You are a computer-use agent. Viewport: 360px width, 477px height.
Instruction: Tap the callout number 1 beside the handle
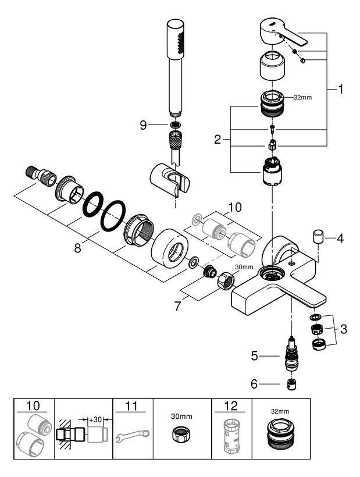[341, 90]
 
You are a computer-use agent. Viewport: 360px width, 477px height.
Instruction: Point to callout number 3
[344, 329]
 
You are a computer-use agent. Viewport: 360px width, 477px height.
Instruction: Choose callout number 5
[255, 356]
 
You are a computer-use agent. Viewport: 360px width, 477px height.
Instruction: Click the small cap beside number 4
[319, 237]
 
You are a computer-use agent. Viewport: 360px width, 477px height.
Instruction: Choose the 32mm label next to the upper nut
[304, 98]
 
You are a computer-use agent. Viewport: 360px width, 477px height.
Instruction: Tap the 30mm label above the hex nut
[244, 268]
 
